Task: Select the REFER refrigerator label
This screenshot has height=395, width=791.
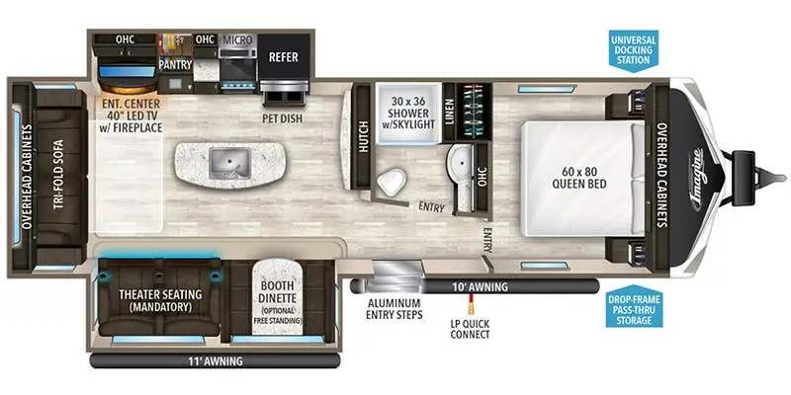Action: (284, 57)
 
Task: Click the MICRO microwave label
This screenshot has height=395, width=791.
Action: (237, 40)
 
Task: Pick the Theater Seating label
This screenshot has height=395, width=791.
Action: (160, 300)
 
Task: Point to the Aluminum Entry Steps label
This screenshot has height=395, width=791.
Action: (394, 308)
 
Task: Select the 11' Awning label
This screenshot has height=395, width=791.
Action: (214, 360)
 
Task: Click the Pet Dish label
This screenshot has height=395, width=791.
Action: (282, 116)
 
